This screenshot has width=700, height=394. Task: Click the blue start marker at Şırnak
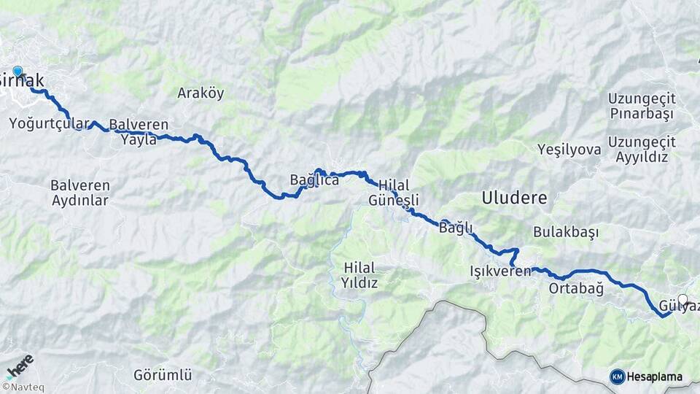coord(17,72)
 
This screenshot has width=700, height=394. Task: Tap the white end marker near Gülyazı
coord(682,299)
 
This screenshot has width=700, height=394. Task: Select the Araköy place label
coord(201,93)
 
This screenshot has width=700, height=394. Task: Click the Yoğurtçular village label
coord(50,124)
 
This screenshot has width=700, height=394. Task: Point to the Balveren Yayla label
coord(139,132)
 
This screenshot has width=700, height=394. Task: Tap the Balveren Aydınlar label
coord(79,193)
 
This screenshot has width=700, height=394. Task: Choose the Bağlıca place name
coord(314,179)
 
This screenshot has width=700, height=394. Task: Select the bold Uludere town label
coord(513,197)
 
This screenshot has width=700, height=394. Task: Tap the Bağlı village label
coord(456,228)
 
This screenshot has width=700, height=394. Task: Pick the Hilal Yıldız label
coord(359,275)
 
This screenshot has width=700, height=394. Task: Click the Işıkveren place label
coord(501,272)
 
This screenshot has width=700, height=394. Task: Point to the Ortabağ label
coord(576,289)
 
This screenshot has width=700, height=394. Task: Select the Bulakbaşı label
coord(566,232)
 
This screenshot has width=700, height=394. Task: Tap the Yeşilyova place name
coord(569,150)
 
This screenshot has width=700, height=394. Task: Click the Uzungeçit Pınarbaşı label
coord(642,107)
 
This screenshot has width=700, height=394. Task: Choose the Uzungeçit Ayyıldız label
coord(642,149)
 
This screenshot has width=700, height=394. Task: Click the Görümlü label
coord(163,375)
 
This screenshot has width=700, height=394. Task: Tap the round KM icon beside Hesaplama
coord(617,376)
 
